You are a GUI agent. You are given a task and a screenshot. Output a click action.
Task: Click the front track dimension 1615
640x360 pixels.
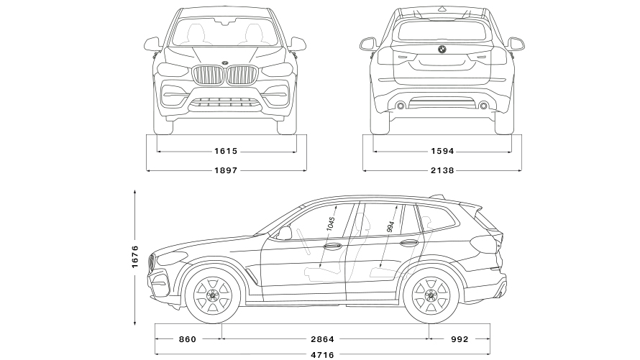point(226,151)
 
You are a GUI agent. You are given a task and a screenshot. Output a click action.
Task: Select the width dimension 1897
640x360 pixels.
point(226,170)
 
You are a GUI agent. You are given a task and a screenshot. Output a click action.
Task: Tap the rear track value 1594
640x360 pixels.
point(442,151)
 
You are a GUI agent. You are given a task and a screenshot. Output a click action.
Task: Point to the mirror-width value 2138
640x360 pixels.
point(442,170)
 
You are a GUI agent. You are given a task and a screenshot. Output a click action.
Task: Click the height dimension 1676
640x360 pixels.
point(135,257)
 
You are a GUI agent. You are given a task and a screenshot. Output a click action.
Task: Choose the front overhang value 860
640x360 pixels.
point(188,338)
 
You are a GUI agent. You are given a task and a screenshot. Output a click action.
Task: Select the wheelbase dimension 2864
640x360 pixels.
point(322,338)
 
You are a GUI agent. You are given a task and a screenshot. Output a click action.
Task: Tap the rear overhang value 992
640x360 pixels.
point(460,338)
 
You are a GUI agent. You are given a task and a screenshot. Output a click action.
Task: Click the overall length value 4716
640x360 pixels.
point(322,355)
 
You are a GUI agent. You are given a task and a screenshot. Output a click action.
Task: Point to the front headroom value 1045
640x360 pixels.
point(331,223)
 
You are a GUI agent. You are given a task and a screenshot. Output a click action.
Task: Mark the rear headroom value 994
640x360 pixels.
point(390,227)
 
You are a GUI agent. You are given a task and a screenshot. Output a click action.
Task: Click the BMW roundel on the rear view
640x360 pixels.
point(442,50)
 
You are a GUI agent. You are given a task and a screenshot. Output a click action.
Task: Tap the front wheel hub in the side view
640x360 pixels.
point(212,295)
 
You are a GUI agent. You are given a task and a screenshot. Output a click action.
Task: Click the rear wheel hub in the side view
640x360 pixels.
point(431,295)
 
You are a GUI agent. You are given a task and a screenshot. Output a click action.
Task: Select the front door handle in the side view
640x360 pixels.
point(333,246)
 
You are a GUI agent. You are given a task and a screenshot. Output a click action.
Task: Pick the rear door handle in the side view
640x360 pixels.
point(409,244)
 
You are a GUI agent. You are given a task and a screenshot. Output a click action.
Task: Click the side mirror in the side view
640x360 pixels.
point(285,234)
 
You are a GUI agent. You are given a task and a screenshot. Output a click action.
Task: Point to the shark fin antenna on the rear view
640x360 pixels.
point(442,9)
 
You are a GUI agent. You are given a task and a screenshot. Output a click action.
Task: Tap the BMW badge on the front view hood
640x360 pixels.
point(225,63)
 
